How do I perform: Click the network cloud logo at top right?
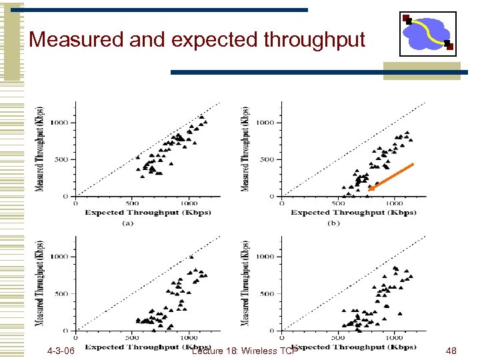pyautogui.click(x=427, y=33)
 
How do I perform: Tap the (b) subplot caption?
pyautogui.click(x=333, y=223)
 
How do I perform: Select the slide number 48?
pyautogui.click(x=451, y=351)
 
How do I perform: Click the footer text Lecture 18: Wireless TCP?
pyautogui.click(x=243, y=351)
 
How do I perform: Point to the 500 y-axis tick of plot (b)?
pyautogui.click(x=267, y=159)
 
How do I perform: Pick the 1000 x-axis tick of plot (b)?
pyautogui.click(x=394, y=203)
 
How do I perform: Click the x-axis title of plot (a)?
pyautogui.click(x=147, y=213)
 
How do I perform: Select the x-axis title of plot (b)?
pyautogui.click(x=353, y=213)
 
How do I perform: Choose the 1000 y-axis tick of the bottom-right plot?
pyautogui.click(x=265, y=257)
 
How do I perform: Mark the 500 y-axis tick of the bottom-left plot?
pyautogui.click(x=61, y=294)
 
